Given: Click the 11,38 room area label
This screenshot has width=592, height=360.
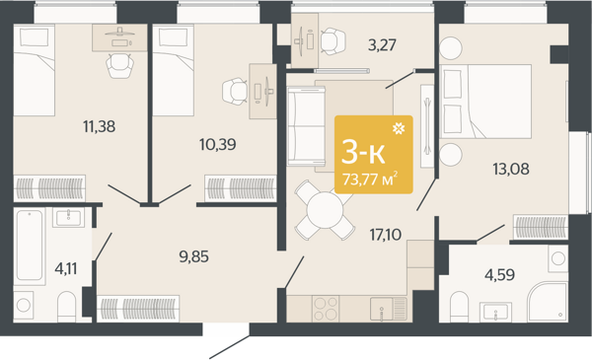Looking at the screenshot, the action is (100, 126).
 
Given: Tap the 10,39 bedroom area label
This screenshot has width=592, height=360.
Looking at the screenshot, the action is (218, 144).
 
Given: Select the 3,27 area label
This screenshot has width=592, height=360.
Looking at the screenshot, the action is (382, 45).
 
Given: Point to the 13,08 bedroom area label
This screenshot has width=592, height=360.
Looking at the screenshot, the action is (511, 169).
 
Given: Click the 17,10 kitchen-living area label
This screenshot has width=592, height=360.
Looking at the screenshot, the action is (386, 235).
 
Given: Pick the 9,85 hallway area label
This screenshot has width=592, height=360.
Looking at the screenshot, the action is (193, 257).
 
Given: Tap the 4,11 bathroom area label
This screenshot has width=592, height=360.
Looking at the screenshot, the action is (66, 269).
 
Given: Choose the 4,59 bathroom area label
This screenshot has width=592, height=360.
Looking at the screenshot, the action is (499, 275).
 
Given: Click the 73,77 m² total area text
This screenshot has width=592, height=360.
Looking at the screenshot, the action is (370, 179).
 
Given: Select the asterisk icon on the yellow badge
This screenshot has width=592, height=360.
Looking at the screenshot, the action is (399, 128).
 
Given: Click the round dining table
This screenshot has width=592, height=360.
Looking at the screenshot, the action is (325, 210).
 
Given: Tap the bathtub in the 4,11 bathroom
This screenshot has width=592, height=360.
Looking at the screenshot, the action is (30, 246).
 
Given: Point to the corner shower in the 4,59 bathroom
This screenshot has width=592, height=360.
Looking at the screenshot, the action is (549, 302).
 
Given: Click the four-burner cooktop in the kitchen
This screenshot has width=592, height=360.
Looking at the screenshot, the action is (326, 309).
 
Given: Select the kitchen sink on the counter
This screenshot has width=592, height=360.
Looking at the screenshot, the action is (388, 309).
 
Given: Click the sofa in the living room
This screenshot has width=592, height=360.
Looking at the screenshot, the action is (306, 126).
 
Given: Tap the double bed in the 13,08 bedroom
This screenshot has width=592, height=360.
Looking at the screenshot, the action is (485, 101).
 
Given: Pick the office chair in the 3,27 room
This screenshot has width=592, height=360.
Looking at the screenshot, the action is (333, 40).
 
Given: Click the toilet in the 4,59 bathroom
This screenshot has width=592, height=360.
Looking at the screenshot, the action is (459, 307).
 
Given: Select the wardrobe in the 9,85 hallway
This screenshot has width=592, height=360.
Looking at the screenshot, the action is (138, 309).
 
